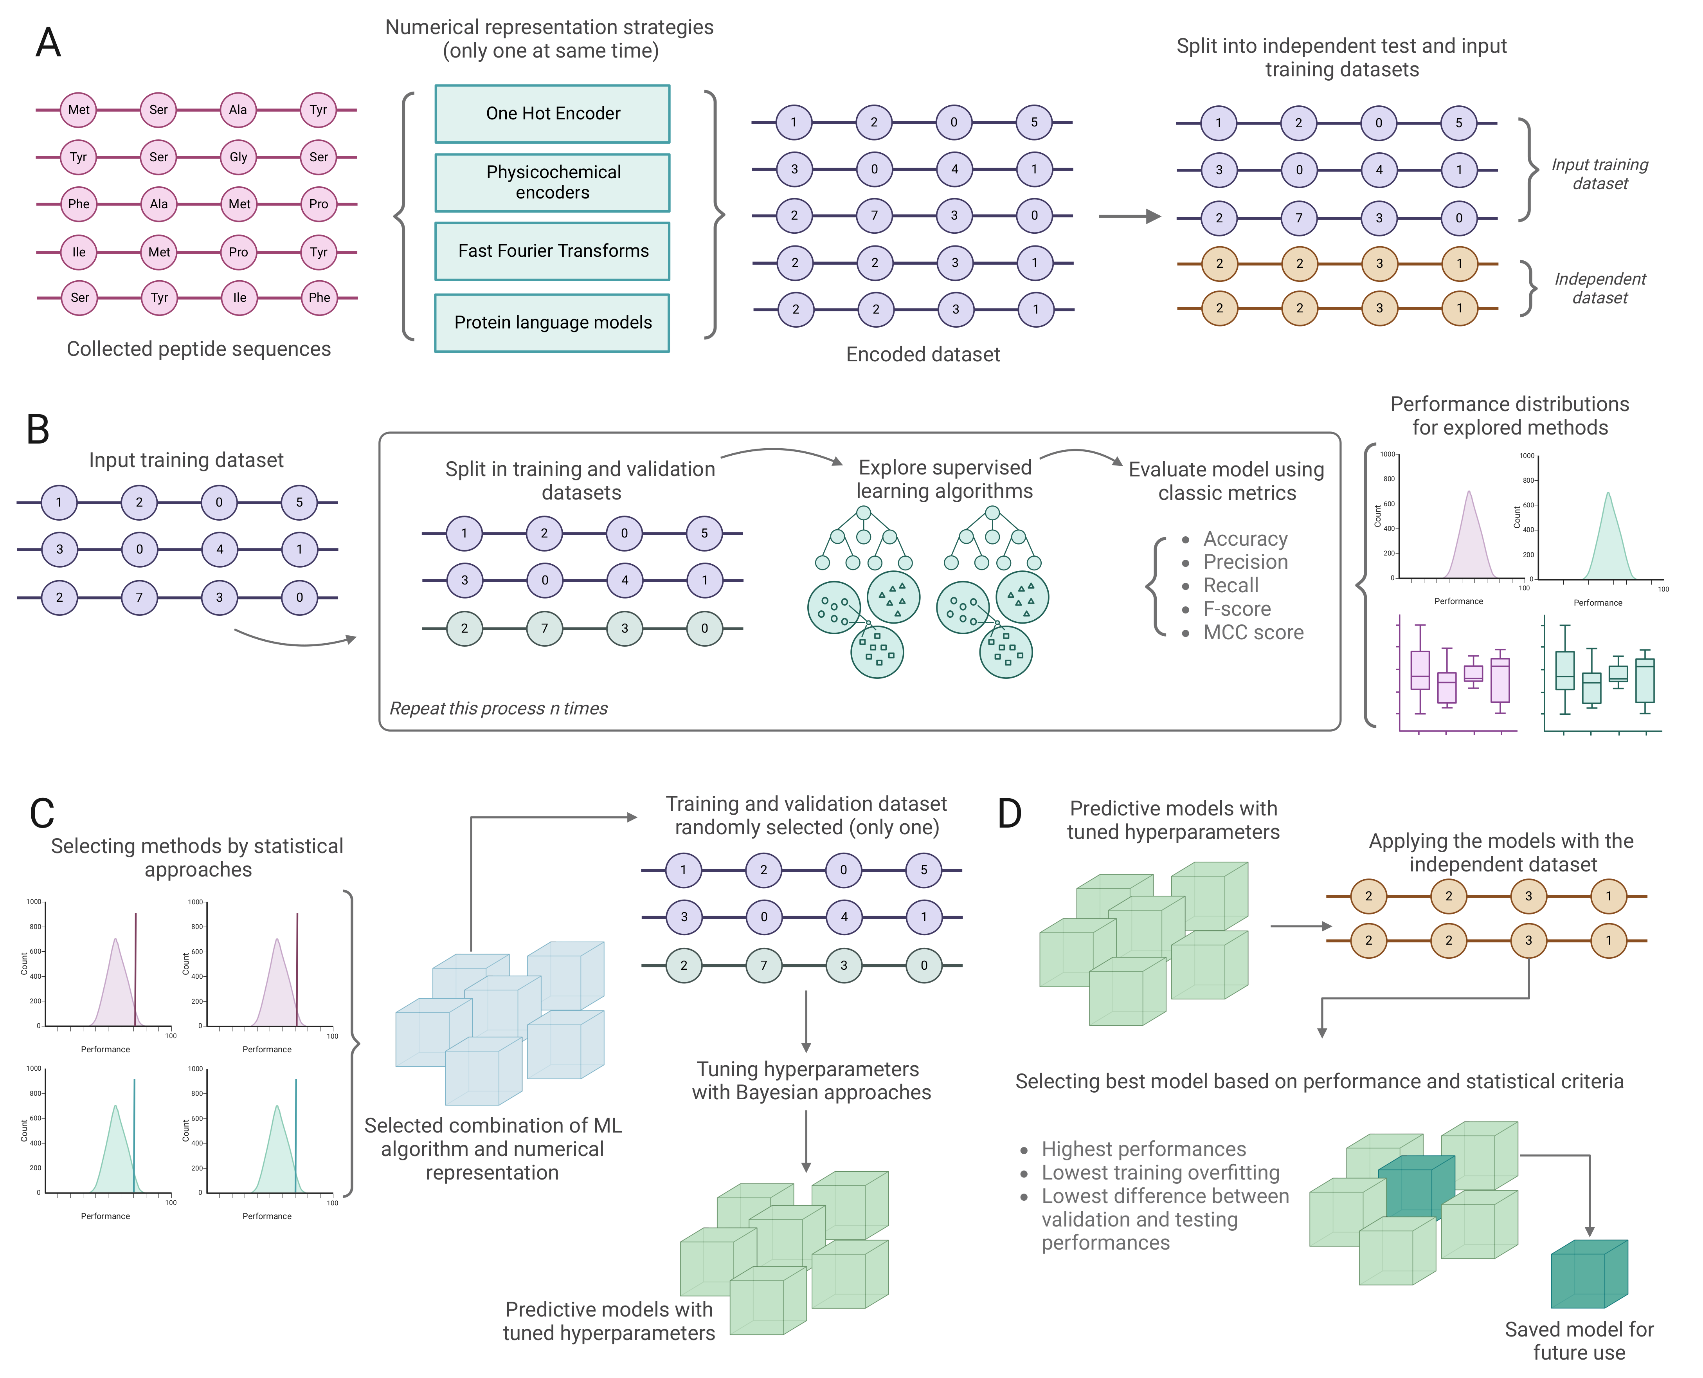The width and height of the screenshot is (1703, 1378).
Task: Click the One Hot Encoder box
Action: pos(552,114)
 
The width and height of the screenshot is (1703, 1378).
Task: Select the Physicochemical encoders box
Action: pos(552,182)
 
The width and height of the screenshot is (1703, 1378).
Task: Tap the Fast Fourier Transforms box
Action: pos(552,251)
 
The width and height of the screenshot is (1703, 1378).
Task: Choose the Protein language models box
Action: pos(552,322)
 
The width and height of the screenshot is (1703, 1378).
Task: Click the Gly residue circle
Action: pos(238,157)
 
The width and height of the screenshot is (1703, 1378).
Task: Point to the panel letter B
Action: pos(38,429)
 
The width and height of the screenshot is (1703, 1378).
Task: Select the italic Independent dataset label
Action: pos(1599,288)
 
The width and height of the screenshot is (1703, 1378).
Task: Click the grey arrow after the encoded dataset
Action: pos(1129,216)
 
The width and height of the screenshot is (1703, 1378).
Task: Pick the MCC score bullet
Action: pos(1252,633)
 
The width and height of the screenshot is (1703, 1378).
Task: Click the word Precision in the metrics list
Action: pos(1244,562)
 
